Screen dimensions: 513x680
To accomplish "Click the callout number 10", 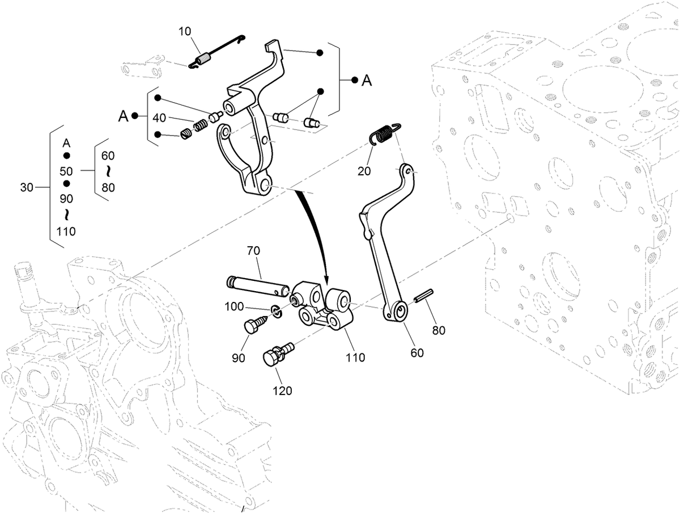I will point(185,31).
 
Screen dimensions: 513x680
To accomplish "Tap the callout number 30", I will point(27,187).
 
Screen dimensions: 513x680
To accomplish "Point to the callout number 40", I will point(160,118).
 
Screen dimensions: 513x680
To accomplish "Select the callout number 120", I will point(282,391).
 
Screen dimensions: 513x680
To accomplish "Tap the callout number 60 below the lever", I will point(417,352).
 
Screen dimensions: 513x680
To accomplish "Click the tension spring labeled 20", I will point(384,134).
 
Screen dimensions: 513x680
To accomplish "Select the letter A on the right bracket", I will point(367,81).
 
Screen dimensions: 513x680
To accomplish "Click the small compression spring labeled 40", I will point(199,126).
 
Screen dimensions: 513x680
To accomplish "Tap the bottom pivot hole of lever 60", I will point(400,310).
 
